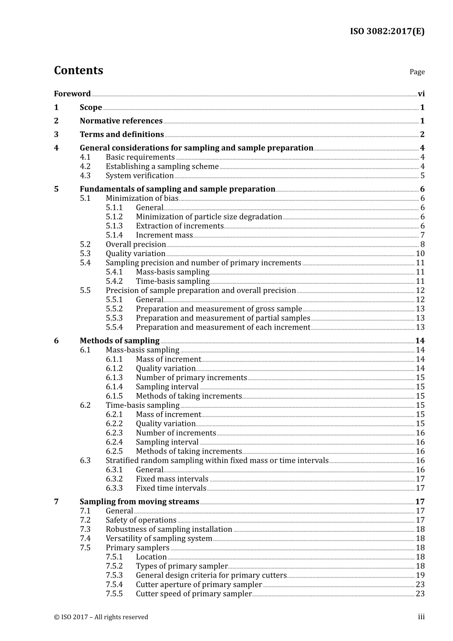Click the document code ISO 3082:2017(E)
click(x=387, y=31)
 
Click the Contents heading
click(x=78, y=71)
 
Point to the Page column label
click(x=417, y=72)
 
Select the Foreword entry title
click(x=72, y=94)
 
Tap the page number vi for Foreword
click(x=421, y=94)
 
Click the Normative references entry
click(x=121, y=121)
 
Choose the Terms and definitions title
click(x=122, y=134)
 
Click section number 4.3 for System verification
click(x=85, y=176)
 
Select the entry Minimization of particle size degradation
click(x=209, y=217)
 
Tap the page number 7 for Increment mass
click(x=422, y=235)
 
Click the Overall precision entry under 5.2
click(x=135, y=245)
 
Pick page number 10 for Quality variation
click(x=420, y=254)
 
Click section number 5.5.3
click(x=114, y=318)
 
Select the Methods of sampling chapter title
click(x=119, y=341)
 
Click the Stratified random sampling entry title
click(x=217, y=461)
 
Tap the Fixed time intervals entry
click(x=171, y=488)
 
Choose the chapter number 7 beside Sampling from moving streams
click(x=56, y=502)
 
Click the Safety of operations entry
click(x=141, y=520)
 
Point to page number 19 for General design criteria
click(x=420, y=576)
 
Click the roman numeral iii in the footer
click(x=421, y=617)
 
